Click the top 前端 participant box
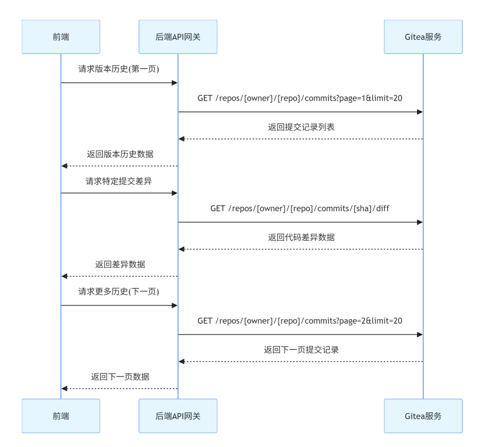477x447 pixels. tap(61, 37)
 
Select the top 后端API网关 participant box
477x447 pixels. tap(178, 37)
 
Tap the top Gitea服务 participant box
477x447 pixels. tap(423, 37)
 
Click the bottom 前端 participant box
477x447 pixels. tap(61, 416)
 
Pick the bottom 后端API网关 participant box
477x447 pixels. tap(178, 416)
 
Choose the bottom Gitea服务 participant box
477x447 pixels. tap(423, 416)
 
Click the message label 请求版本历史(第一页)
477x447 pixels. tap(119, 69)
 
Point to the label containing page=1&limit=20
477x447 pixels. tap(300, 98)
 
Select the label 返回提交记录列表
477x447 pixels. tap(301, 127)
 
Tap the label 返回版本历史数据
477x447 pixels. tap(120, 154)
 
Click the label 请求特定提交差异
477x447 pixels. tap(119, 181)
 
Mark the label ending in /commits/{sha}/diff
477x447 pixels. tap(300, 209)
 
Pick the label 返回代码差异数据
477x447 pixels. tap(301, 238)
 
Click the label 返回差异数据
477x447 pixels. tap(120, 265)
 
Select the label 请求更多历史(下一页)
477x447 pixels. tap(119, 292)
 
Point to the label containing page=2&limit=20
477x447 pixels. tap(300, 321)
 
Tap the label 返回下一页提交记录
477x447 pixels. tap(301, 350)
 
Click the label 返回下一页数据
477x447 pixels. tap(120, 377)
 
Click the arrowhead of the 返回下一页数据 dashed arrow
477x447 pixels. tap(64, 388)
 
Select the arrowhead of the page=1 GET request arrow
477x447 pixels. tap(420, 112)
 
